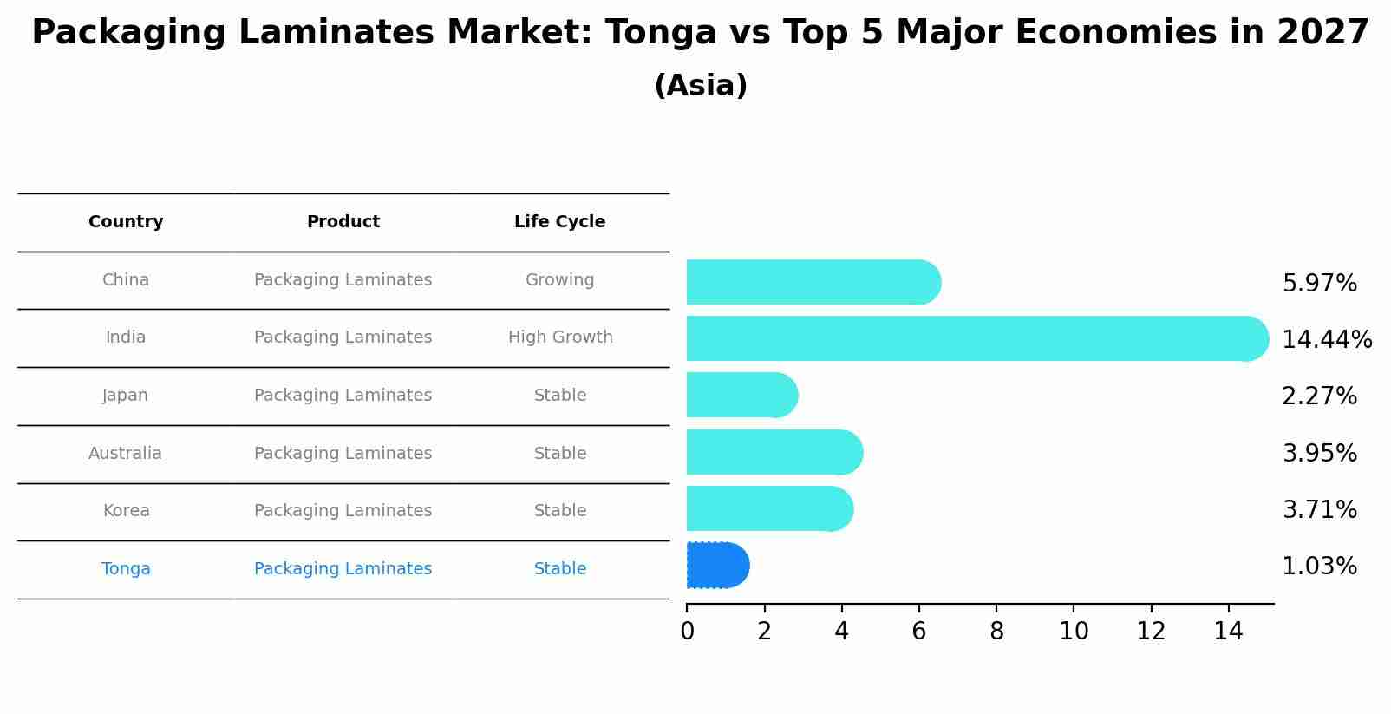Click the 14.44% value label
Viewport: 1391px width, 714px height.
[1326, 340]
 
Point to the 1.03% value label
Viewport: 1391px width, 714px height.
[1319, 567]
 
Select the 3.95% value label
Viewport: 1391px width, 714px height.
[1319, 454]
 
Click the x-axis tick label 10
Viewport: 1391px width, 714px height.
[1074, 632]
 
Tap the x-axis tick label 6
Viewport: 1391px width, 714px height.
[918, 632]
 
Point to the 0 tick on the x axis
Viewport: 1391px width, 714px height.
[687, 632]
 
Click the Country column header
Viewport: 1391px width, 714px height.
[126, 222]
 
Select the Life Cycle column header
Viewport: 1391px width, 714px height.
[559, 222]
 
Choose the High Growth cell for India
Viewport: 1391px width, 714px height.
[560, 337]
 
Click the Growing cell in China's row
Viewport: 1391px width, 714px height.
[559, 280]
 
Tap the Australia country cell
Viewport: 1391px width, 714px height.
[125, 454]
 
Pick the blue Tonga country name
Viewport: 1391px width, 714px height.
[126, 569]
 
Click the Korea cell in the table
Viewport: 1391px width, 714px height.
[126, 511]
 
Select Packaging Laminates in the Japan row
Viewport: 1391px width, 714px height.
[343, 396]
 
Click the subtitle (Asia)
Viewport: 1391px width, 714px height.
[701, 86]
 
